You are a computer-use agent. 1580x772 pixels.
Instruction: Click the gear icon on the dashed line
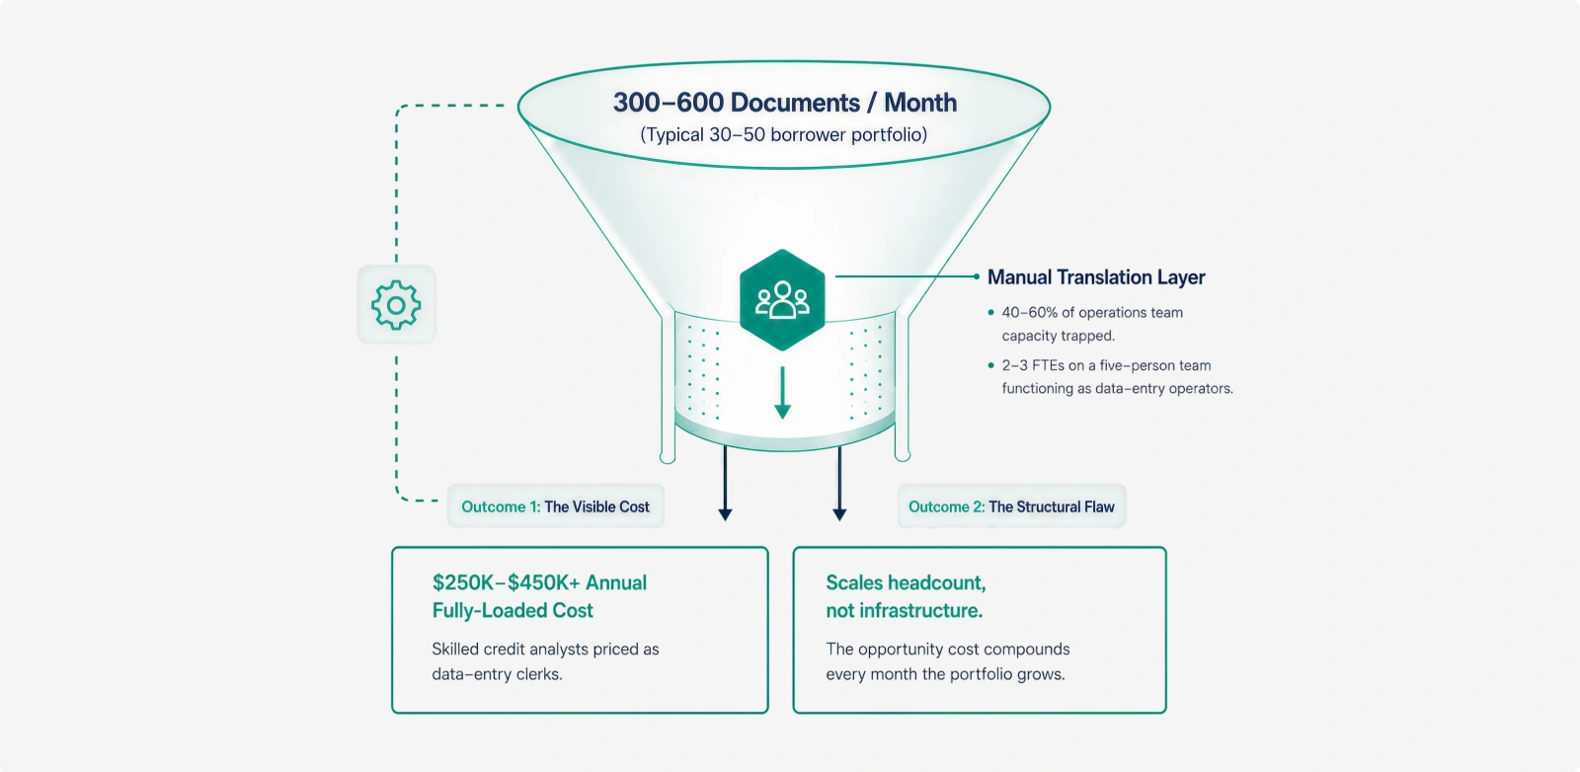coord(396,305)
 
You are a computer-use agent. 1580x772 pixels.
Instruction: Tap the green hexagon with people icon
coord(782,300)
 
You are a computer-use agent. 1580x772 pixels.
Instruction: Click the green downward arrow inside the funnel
coord(782,393)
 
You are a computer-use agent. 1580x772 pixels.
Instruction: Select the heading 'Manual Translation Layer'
coord(1096,277)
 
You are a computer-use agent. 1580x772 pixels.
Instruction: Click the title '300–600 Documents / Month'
coord(784,103)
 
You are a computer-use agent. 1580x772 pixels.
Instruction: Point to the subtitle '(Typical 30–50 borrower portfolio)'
coord(784,134)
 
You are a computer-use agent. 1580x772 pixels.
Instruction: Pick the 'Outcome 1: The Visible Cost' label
coord(555,506)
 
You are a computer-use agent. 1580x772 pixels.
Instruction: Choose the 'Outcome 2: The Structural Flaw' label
coord(1011,506)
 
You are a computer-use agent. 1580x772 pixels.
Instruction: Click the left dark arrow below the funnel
coord(725,484)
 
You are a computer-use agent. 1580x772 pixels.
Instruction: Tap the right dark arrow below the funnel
coord(839,484)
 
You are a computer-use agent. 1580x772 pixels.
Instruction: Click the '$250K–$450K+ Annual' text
coord(539,583)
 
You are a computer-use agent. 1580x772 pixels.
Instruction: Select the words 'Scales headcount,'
coord(906,583)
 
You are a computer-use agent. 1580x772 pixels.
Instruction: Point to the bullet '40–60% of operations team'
coord(1092,312)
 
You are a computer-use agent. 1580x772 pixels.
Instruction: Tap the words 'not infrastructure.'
coord(905,610)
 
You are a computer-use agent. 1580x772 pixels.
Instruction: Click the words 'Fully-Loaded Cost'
coord(513,610)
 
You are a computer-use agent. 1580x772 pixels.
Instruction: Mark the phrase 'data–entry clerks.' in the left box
coord(498,674)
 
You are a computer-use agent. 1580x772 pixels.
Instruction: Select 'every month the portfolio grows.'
coord(945,674)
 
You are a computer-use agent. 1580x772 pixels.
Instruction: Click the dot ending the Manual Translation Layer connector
coord(977,276)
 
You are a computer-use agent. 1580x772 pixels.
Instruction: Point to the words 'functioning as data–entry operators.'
coord(1117,388)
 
